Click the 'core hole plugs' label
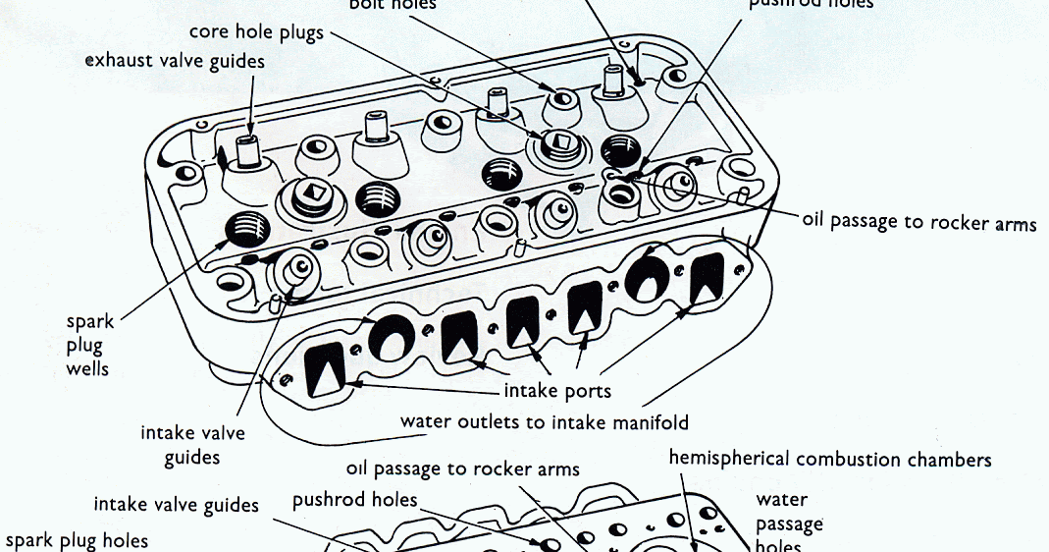(x=255, y=32)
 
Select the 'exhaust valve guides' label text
(x=175, y=61)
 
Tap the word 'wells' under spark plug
(x=88, y=369)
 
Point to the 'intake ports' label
(x=557, y=391)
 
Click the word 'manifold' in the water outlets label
(x=648, y=422)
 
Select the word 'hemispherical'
(x=730, y=459)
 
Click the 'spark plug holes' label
(x=78, y=540)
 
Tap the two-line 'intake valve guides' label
(x=193, y=444)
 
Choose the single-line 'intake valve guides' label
(x=177, y=505)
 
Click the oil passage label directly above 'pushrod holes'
(x=462, y=469)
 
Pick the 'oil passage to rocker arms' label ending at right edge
(x=918, y=222)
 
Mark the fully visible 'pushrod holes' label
(x=355, y=501)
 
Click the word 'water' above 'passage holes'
(x=782, y=500)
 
